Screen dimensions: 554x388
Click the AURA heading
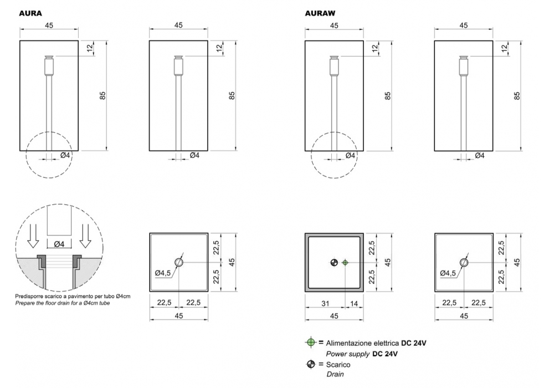pos(30,13)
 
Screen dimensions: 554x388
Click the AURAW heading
pos(320,13)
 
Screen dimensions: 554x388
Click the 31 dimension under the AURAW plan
pos(325,303)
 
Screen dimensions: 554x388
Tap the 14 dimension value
pos(353,303)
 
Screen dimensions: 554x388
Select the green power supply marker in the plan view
pos(345,263)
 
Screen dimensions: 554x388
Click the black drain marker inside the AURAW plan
pos(334,263)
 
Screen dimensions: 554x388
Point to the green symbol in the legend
pos(311,343)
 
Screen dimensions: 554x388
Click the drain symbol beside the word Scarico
pos(311,364)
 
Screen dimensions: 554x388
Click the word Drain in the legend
pos(335,374)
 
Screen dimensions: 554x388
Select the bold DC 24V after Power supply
pos(385,354)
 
